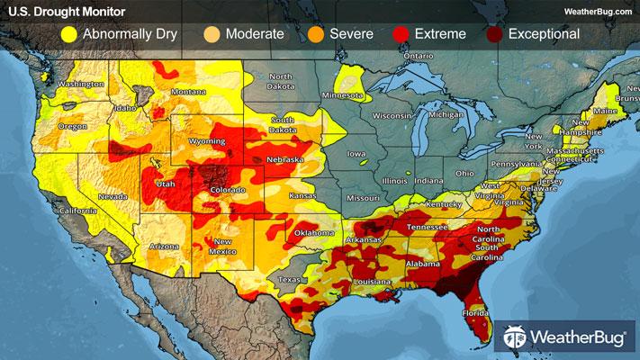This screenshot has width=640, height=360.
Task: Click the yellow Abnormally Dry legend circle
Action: pyautogui.click(x=68, y=34)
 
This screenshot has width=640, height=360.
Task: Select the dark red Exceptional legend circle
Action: pyautogui.click(x=494, y=34)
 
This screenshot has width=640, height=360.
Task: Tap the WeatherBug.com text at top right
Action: pyautogui.click(x=598, y=10)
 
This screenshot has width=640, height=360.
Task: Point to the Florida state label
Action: pyautogui.click(x=476, y=313)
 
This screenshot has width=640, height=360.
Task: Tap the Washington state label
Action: pyautogui.click(x=78, y=85)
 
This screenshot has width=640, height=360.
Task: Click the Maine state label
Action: pyautogui.click(x=609, y=111)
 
